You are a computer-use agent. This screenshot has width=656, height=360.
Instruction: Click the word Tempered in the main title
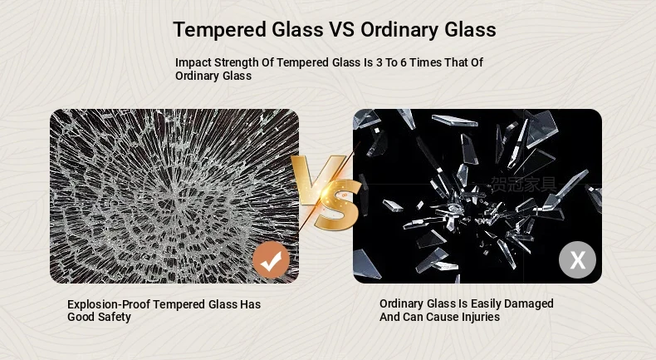click(219, 30)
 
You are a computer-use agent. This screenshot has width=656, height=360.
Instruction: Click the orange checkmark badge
click(271, 260)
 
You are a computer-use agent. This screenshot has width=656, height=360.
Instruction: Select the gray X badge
click(577, 260)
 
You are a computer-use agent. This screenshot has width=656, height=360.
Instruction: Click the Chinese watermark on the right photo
click(524, 185)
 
